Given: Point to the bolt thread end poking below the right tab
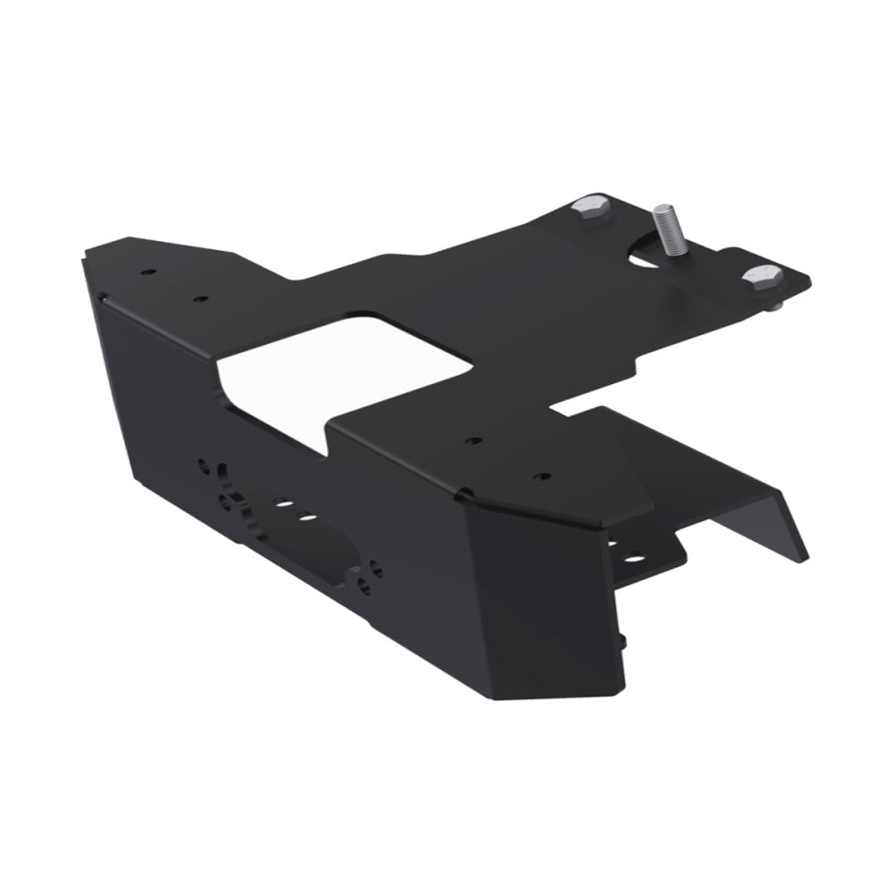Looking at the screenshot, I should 776,306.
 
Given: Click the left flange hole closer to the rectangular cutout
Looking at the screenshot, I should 201,298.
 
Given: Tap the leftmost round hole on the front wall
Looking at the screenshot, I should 205,466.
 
